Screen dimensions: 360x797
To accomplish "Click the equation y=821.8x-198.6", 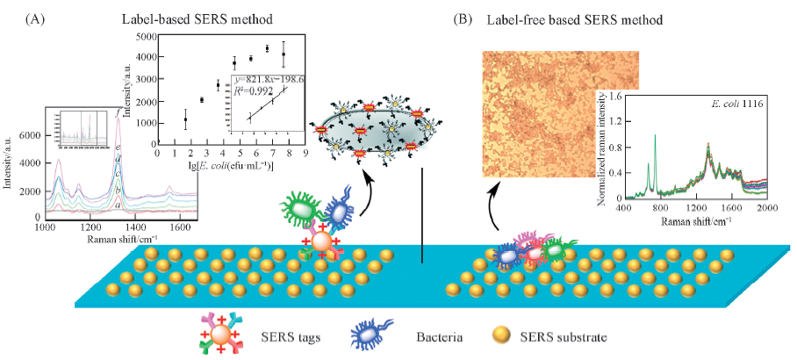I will coord(269,80).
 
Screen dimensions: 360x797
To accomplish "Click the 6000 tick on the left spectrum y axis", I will coord(30,136).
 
